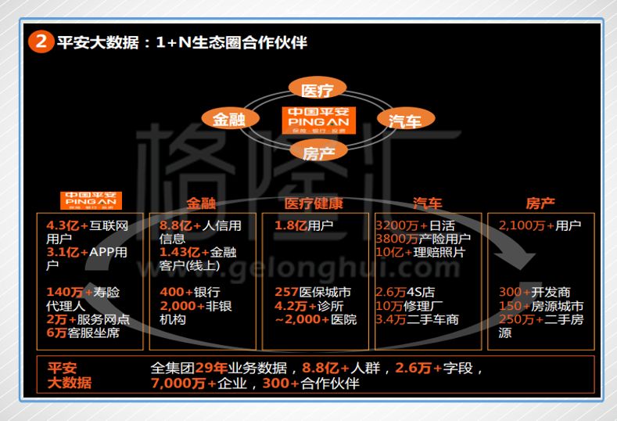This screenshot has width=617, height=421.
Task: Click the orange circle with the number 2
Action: coord(41,42)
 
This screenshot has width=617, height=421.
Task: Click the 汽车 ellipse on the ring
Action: coord(404,120)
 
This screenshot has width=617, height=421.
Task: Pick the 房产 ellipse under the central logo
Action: coord(318,152)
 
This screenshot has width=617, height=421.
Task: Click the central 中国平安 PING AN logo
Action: coord(318,120)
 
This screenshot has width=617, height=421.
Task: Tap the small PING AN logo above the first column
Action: coord(91,201)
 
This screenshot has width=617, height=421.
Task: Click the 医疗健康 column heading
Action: coord(314,203)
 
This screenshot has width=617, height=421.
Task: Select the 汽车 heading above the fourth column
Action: coord(427,203)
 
